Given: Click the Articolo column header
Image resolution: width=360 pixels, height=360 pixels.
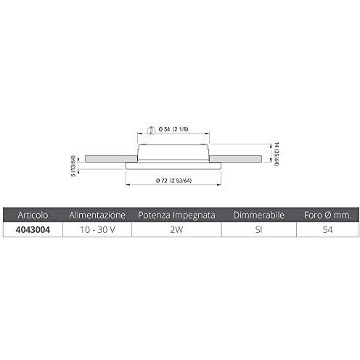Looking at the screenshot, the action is pyautogui.click(x=33, y=215).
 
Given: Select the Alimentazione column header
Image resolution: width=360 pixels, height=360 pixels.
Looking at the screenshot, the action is pyautogui.click(x=97, y=215).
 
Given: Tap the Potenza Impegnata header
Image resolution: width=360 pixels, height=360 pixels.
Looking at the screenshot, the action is pyautogui.click(x=176, y=215).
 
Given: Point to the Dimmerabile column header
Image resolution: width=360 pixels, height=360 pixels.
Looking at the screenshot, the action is pyautogui.click(x=258, y=215).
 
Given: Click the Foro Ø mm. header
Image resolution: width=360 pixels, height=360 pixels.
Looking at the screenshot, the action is pyautogui.click(x=327, y=215).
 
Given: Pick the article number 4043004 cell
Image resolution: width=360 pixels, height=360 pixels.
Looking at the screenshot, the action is pyautogui.click(x=33, y=229).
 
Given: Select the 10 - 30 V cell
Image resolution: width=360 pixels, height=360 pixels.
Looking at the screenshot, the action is pyautogui.click(x=97, y=229).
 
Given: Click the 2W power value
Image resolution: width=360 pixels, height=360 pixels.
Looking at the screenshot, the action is pyautogui.click(x=176, y=229).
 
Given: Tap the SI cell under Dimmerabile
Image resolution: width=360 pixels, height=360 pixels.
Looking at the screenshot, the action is pyautogui.click(x=258, y=229).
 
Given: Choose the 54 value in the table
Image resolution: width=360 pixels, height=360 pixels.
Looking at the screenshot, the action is pyautogui.click(x=327, y=229).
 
